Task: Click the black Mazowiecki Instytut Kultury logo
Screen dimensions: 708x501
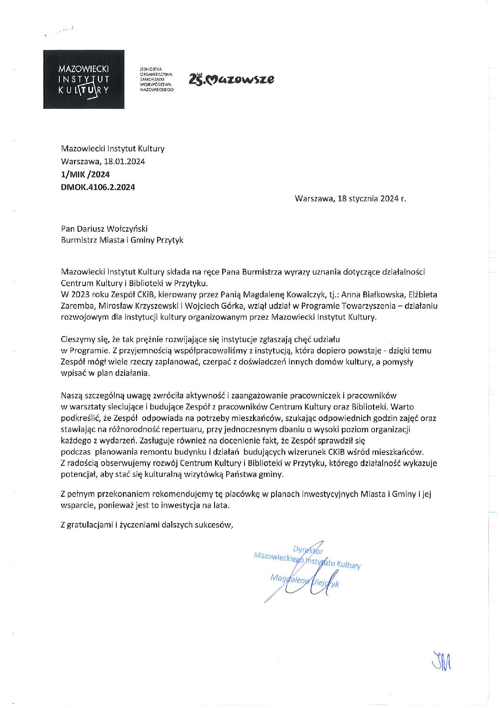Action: [84, 79]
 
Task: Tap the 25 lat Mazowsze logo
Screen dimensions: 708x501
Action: [231, 79]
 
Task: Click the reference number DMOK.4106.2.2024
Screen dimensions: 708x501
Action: [98, 187]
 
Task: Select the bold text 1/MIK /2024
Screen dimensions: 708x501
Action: [85, 174]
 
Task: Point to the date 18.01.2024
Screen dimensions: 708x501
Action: [124, 161]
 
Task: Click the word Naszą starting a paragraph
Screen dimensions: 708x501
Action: [71, 395]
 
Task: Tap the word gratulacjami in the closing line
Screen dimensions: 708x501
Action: [90, 525]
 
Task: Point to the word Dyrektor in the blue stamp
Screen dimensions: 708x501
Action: [307, 549]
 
